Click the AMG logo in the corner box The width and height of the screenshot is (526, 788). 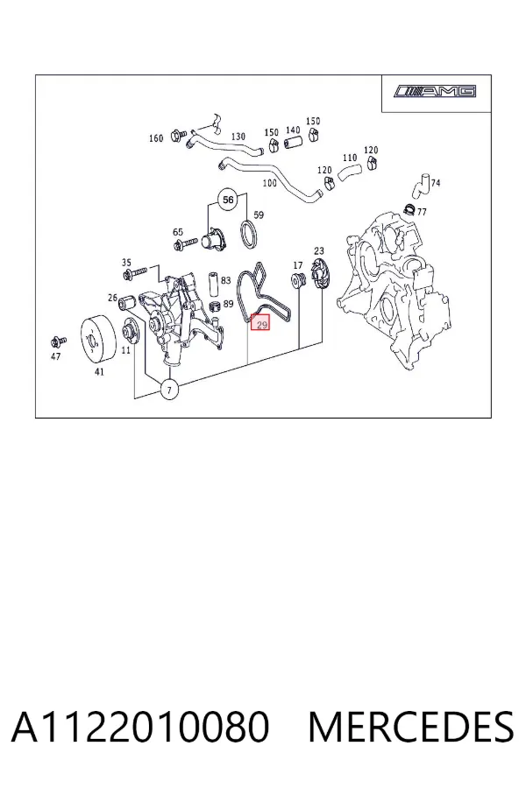pyautogui.click(x=436, y=91)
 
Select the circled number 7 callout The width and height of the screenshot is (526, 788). pyautogui.click(x=169, y=390)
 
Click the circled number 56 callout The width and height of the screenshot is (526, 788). pyautogui.click(x=228, y=200)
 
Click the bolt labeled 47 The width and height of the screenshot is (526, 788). pyautogui.click(x=59, y=341)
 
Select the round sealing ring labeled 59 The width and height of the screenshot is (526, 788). pyautogui.click(x=249, y=234)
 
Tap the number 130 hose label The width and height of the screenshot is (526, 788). pyautogui.click(x=238, y=137)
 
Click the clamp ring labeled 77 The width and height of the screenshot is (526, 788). pyautogui.click(x=409, y=208)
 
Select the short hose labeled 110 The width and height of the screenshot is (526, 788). pyautogui.click(x=347, y=172)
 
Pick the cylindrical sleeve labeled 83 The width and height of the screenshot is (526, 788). pyautogui.click(x=213, y=284)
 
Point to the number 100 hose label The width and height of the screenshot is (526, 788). pyautogui.click(x=270, y=182)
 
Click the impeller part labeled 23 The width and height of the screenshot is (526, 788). pyautogui.click(x=318, y=274)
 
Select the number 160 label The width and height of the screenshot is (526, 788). pyautogui.click(x=156, y=137)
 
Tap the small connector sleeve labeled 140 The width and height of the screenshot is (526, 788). pyautogui.click(x=292, y=143)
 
